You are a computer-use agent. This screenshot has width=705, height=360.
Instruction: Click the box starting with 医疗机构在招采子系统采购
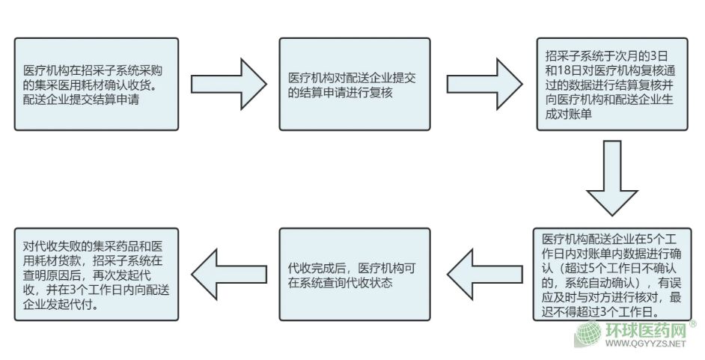(x=97, y=84)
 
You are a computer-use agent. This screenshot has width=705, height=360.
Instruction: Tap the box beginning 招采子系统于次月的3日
(x=611, y=84)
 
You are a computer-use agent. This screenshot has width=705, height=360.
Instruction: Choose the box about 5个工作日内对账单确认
(x=611, y=274)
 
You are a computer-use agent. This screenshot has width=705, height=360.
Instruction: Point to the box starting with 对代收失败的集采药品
(x=97, y=274)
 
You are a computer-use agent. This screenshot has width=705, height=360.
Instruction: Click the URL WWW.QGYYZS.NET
(x=644, y=345)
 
